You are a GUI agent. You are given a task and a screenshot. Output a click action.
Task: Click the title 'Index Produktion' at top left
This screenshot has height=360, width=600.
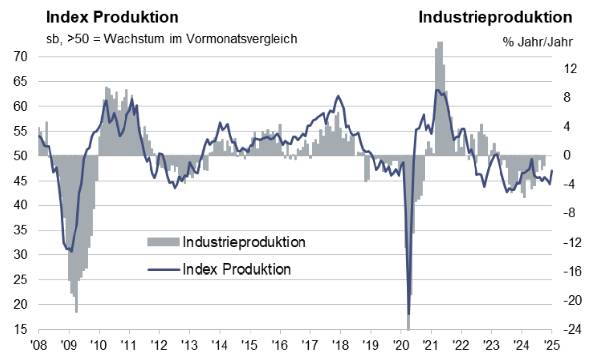pyautogui.click(x=95, y=17)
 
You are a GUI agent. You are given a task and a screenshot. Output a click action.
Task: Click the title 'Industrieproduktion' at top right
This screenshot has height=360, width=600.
pyautogui.click(x=495, y=17)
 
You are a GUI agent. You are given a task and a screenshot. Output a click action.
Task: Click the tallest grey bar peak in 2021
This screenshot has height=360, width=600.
pyautogui.click(x=439, y=43)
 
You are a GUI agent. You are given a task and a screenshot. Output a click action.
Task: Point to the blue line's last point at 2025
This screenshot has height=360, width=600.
pyautogui.click(x=551, y=171)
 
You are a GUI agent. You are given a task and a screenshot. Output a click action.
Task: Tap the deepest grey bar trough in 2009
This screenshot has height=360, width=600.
pyautogui.click(x=75, y=312)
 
